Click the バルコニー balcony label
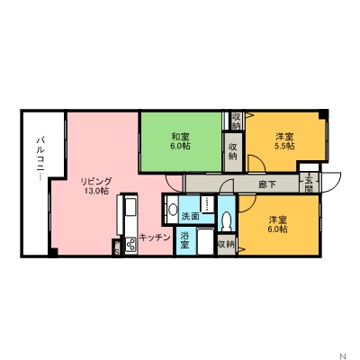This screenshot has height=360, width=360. click(x=40, y=157)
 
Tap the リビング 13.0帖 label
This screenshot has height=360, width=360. click(x=94, y=185)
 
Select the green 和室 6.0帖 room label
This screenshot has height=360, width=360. click(x=180, y=141)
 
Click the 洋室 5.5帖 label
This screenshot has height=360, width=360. click(x=283, y=141)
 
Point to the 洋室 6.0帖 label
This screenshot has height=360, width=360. click(x=277, y=224)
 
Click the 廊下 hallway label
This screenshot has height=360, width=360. click(x=267, y=185)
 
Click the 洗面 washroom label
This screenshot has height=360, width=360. click(x=190, y=217)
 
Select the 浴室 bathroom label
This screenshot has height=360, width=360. click(x=185, y=238)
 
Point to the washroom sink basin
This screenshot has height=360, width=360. click(x=172, y=210)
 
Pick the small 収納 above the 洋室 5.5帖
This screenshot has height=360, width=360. click(x=236, y=120)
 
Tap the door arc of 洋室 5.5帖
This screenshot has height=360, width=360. click(x=256, y=163)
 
